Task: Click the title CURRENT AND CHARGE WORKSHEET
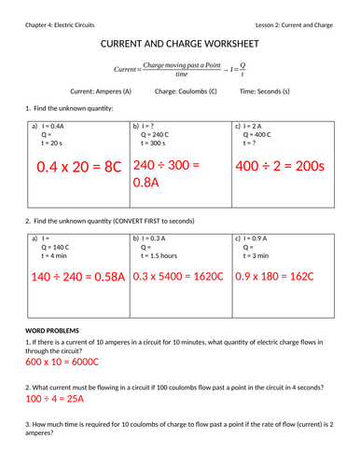[179, 45]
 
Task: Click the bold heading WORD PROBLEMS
[52, 330]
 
